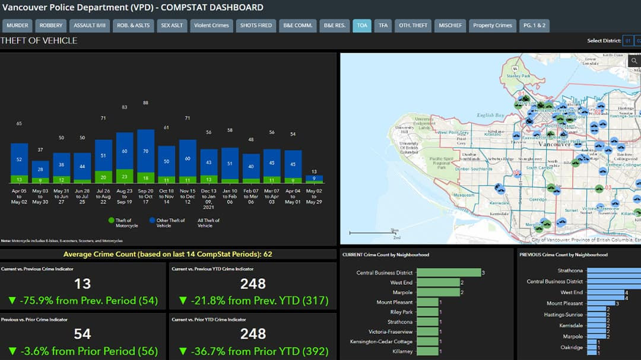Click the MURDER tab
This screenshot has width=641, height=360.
[17, 26]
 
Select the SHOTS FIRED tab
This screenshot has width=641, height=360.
[256, 26]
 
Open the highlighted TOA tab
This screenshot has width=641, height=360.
[362, 26]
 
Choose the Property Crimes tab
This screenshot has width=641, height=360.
[492, 26]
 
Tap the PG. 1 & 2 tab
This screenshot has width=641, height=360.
[534, 26]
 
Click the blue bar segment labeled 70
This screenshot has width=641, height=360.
[145, 151]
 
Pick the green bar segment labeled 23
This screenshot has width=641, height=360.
[124, 176]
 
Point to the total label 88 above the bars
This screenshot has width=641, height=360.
[145, 103]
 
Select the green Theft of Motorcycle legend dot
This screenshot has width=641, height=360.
[111, 221]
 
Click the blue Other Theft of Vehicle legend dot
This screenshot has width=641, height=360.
[151, 221]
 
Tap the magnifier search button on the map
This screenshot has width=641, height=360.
[634, 61]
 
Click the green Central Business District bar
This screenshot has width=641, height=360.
[448, 273]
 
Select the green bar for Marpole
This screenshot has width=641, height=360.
[438, 292]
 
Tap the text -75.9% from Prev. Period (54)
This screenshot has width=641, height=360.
[83, 301]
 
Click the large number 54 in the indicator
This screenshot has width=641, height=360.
[82, 333]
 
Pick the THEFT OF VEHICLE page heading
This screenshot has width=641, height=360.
[39, 41]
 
